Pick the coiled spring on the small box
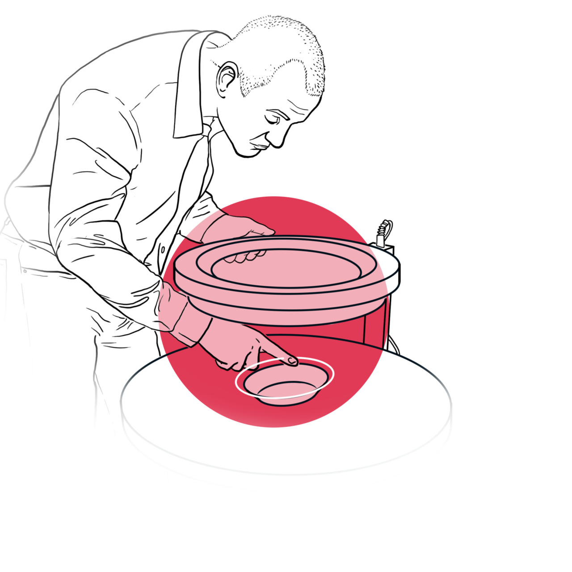(x=383, y=230)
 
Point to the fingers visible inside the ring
(x=244, y=257)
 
